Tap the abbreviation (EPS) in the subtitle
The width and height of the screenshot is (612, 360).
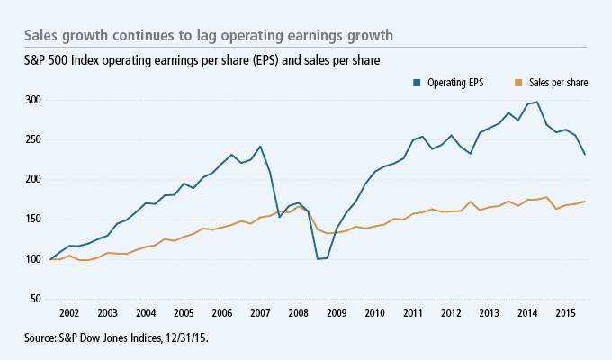254,60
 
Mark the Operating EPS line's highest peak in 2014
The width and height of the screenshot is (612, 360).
537,103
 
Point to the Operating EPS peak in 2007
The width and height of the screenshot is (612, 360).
260,147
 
